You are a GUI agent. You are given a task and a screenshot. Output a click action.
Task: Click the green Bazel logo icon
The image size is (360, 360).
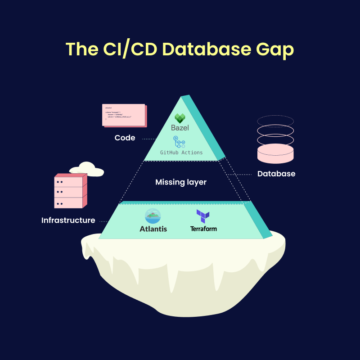[180, 118]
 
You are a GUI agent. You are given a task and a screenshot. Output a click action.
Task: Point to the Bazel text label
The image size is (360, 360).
[180, 128]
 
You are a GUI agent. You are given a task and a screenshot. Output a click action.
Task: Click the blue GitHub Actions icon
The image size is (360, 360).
[180, 143]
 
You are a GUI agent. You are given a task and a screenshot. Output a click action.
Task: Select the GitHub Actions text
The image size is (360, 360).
[181, 153]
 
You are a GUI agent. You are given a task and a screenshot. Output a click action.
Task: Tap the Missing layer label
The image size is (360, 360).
[181, 182]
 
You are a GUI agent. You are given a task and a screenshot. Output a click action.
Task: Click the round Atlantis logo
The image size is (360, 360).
[153, 216]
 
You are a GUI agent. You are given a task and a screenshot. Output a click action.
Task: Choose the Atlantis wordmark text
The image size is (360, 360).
[153, 229]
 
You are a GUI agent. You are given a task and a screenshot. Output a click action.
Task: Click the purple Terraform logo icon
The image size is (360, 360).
[203, 216]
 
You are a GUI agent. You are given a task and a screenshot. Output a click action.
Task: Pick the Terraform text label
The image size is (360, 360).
[203, 229]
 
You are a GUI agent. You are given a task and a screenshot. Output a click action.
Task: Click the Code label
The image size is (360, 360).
[125, 138]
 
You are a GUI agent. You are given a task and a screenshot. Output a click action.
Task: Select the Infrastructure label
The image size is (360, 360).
[68, 220]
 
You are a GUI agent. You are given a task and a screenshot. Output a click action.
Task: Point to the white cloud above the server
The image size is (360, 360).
[86, 169]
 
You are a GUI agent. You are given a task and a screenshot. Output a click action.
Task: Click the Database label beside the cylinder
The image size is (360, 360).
[276, 174]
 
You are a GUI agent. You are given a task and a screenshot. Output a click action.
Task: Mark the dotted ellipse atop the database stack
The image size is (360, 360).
[275, 121]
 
